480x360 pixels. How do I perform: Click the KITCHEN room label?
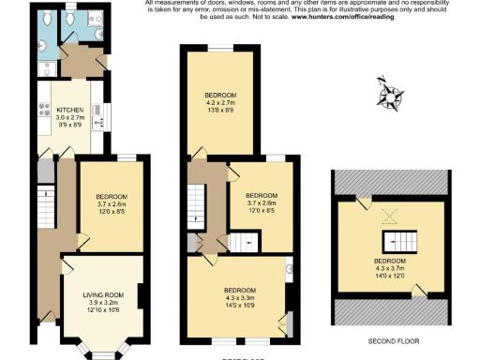pyautogui.click(x=71, y=109)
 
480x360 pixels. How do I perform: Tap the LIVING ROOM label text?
pyautogui.click(x=103, y=295)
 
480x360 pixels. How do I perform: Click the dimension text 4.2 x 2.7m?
pyautogui.click(x=221, y=103)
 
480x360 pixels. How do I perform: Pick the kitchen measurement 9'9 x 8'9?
pyautogui.click(x=71, y=124)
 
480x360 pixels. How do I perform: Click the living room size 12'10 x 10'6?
pyautogui.click(x=103, y=310)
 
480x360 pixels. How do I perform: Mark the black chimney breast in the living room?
pyautogui.click(x=140, y=297)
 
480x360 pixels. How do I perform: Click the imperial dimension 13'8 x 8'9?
pyautogui.click(x=221, y=111)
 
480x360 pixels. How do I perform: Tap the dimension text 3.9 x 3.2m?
pyautogui.click(x=103, y=303)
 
